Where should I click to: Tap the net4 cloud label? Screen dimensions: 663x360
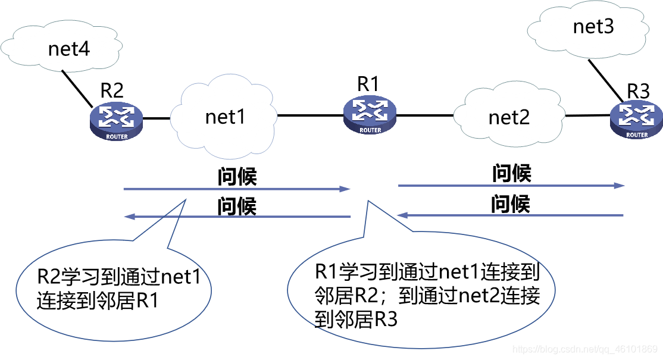69,49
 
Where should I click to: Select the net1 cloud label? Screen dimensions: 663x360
225,117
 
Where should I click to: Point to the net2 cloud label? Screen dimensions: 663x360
509,117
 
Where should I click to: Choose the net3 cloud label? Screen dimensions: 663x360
593,26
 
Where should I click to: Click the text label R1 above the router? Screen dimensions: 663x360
368,84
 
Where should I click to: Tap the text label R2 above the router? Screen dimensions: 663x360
111,90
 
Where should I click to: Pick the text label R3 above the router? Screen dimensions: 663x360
639,92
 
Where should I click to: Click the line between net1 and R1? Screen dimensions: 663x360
309,115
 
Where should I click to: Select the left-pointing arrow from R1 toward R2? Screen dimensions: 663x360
238,217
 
